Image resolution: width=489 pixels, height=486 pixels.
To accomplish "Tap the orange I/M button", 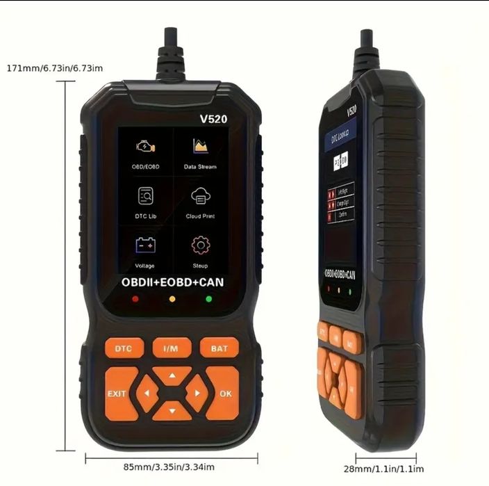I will [172, 348].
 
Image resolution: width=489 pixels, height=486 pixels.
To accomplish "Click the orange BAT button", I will [219, 348].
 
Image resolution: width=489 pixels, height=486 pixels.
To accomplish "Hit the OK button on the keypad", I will [224, 393].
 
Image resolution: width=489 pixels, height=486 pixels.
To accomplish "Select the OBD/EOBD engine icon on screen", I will [146, 147].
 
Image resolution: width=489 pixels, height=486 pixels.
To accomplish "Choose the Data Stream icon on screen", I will [200, 147].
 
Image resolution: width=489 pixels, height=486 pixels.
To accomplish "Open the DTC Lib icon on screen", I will [146, 196].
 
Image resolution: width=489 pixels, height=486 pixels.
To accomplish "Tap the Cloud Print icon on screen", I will [200, 197].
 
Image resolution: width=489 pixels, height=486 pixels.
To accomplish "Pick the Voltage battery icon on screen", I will [146, 245].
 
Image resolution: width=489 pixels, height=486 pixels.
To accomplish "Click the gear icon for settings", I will [200, 245].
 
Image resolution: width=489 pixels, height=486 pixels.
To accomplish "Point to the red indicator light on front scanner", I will [135, 300].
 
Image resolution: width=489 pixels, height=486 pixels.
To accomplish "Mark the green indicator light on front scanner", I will [208, 300].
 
